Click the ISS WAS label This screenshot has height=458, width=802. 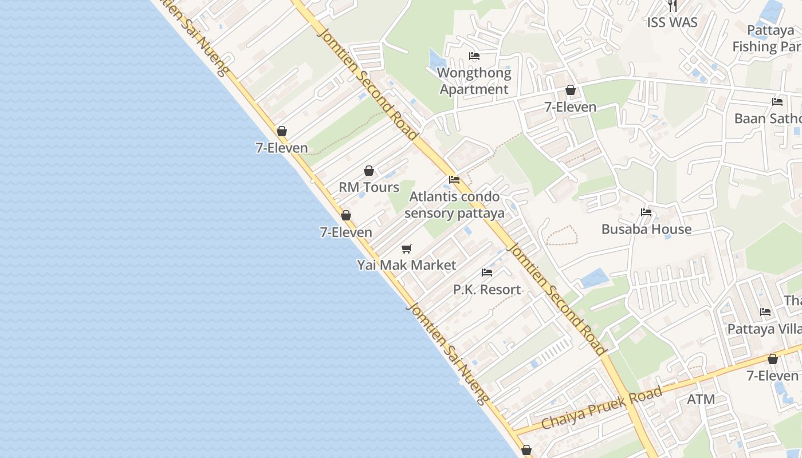pyautogui.click(x=672, y=22)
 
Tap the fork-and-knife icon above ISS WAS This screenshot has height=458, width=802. pyautogui.click(x=673, y=6)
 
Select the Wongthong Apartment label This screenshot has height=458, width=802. pyautogui.click(x=474, y=81)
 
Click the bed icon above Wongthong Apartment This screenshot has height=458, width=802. pyautogui.click(x=474, y=56)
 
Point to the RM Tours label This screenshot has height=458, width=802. pyautogui.click(x=369, y=187)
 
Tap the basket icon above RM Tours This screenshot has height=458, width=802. pyautogui.click(x=369, y=171)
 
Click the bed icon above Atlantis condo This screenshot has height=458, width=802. pyautogui.click(x=454, y=180)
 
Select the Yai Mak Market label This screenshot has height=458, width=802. pyautogui.click(x=407, y=265)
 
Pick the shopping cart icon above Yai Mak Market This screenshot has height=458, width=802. pyautogui.click(x=407, y=248)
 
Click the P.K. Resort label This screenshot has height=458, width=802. pyautogui.click(x=487, y=290)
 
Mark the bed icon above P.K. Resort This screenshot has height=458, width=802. pyautogui.click(x=487, y=273)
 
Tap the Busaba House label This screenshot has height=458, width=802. pyautogui.click(x=646, y=229)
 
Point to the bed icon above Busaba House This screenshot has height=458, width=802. pyautogui.click(x=646, y=212)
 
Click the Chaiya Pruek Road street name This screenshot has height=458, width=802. pyautogui.click(x=601, y=408)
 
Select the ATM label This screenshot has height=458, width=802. pyautogui.click(x=701, y=399)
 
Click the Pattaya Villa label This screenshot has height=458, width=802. pyautogui.click(x=764, y=329)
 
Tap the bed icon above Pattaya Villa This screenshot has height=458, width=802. pyautogui.click(x=765, y=312)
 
